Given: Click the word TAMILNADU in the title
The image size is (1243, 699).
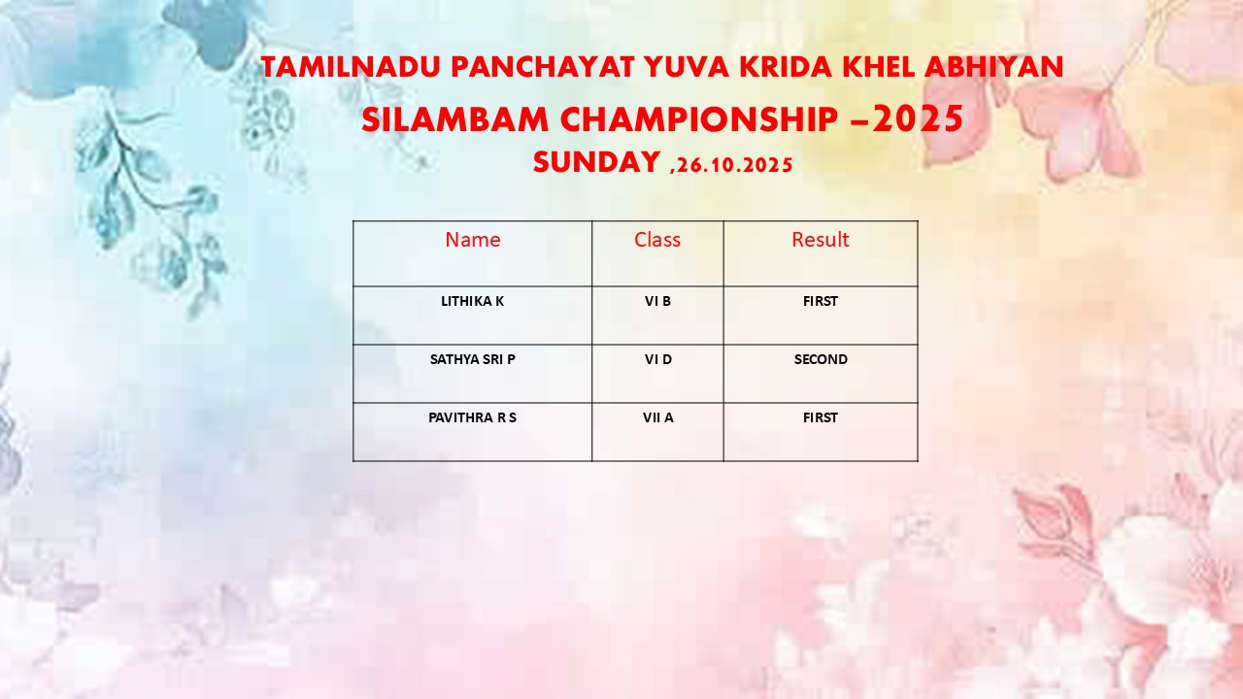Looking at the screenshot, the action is (351, 67).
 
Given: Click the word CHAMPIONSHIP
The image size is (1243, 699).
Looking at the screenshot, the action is (699, 119).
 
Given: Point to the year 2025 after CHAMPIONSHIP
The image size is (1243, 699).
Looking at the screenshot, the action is (918, 118).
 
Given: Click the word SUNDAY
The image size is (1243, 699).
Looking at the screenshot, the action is (596, 162).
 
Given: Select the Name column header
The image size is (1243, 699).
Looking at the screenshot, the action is (473, 240).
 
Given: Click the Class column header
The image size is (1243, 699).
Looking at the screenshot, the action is (657, 240).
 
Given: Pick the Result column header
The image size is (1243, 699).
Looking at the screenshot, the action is (821, 240).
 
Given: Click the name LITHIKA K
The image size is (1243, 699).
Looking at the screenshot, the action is (472, 301).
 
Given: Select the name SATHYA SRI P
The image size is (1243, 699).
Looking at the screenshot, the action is (473, 359).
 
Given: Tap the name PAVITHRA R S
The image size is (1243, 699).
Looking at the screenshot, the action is (472, 417).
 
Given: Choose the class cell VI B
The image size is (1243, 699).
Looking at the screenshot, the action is (657, 301).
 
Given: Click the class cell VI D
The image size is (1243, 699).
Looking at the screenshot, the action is (658, 359).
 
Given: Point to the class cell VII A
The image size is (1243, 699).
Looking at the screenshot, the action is (658, 417).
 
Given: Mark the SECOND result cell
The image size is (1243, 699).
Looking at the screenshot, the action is (821, 359).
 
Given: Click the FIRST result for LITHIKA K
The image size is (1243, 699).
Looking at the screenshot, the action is (821, 301).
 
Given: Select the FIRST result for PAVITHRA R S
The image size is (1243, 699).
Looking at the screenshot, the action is (821, 417).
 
